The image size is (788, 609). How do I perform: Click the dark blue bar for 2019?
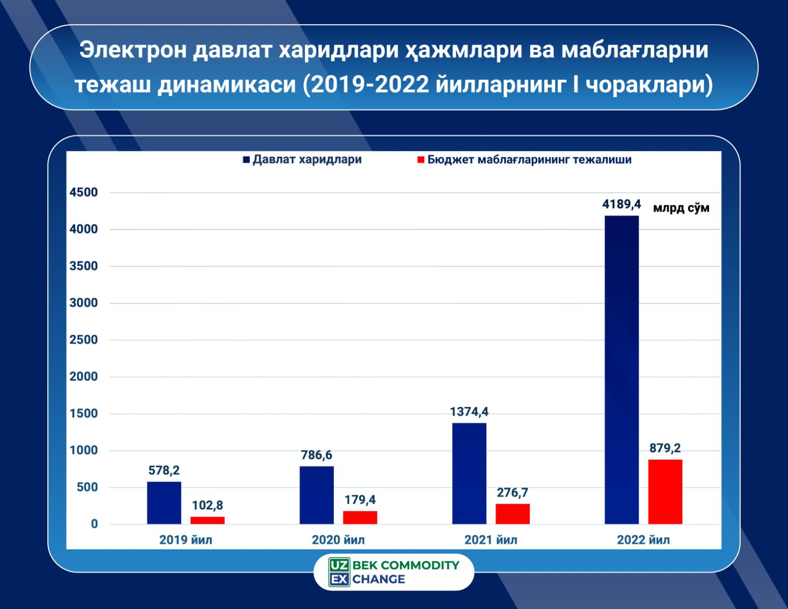[x=164, y=502]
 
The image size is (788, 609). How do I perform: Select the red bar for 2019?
[x=208, y=520]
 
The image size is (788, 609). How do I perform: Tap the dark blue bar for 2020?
[x=317, y=495]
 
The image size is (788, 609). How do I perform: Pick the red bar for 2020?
[x=360, y=517]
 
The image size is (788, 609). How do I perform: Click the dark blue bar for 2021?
[x=469, y=473]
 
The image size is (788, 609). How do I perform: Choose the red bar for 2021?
[x=512, y=514]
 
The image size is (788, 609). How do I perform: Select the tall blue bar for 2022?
[x=622, y=369]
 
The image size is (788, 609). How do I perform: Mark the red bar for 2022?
[x=665, y=491]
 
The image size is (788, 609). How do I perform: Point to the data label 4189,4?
[x=622, y=205]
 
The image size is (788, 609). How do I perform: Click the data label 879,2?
[x=665, y=449]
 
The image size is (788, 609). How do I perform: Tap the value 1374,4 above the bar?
[x=469, y=412]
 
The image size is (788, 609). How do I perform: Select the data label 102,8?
[x=208, y=505]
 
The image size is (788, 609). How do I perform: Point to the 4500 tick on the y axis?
[x=84, y=192]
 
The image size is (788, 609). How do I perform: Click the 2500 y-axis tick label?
[x=84, y=340]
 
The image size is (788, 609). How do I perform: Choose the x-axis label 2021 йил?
[x=491, y=539]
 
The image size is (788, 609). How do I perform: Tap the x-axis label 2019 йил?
[x=186, y=539]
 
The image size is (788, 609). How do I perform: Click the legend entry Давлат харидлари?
[x=307, y=159]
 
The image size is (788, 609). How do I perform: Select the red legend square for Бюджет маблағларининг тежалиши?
[x=420, y=160]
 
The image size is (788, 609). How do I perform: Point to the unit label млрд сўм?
[x=681, y=208]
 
